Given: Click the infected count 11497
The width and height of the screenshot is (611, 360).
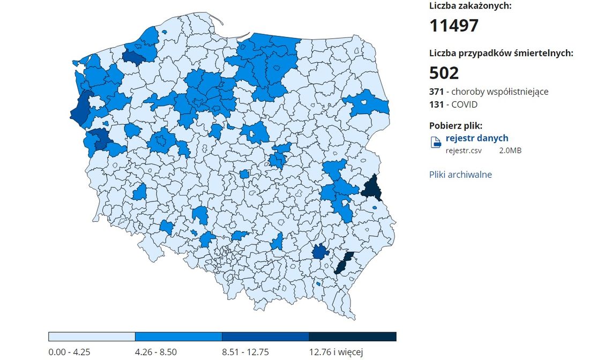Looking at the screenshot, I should pos(453,25).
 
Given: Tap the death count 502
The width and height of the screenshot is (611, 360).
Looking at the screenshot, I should pos(444,73).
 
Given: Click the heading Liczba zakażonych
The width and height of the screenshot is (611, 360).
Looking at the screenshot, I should pos(470,6).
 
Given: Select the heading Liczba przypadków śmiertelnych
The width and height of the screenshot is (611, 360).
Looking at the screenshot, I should pos(501,53).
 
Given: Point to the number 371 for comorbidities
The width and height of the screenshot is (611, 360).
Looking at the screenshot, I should pos(436,92).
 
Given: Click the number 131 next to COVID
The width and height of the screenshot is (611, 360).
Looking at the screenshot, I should pos(436,104).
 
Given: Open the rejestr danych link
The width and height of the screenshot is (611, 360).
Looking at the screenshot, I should pos(476,138).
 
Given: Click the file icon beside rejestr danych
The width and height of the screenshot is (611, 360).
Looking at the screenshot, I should pos(436,142).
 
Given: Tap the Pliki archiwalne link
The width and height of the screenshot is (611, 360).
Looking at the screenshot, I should pos(460,175).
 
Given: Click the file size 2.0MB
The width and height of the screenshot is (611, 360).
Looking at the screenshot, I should pos(510,151).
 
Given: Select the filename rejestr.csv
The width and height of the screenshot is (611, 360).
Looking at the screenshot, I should pos(464,151).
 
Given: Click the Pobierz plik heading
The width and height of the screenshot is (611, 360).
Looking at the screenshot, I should pos(456,125).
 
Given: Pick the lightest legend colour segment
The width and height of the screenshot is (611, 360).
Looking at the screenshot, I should pos(92,336).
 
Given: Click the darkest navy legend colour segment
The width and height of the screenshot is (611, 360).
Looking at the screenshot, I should pos(352,336).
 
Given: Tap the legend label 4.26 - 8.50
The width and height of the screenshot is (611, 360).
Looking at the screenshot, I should pos(157,351).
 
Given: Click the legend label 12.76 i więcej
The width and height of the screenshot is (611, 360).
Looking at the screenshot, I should pos(336,351).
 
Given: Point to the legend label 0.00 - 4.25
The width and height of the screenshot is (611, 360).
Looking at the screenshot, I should pos(70,351).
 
